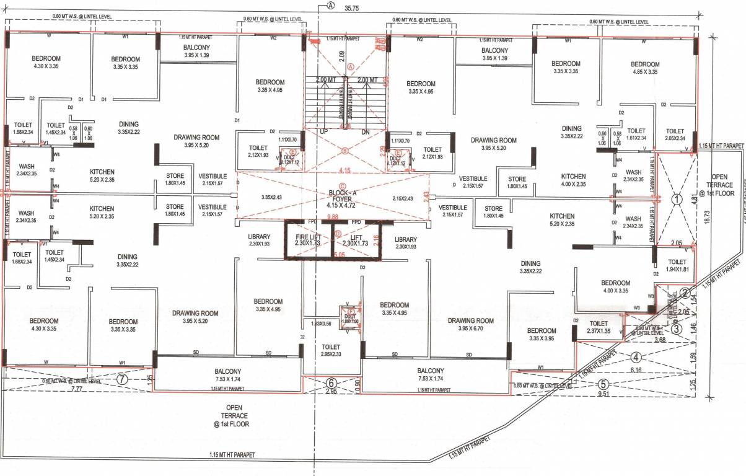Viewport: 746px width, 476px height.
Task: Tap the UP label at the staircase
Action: tap(323, 132)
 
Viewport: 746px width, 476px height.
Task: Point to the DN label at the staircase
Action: tap(365, 132)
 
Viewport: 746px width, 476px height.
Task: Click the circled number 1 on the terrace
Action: tap(677, 200)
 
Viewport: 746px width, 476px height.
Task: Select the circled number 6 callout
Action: tap(331, 383)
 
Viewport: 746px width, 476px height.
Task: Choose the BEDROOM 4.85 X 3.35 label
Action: tap(645, 68)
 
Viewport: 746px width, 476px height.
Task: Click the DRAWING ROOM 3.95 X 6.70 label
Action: tap(470, 325)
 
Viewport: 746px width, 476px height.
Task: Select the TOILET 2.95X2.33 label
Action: tap(331, 351)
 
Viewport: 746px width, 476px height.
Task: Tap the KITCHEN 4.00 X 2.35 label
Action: tap(573, 180)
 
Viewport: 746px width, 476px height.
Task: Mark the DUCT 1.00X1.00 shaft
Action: tap(351, 317)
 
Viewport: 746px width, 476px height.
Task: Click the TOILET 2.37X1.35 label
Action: tap(599, 327)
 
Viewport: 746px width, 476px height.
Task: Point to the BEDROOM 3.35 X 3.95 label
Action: tap(541, 335)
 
